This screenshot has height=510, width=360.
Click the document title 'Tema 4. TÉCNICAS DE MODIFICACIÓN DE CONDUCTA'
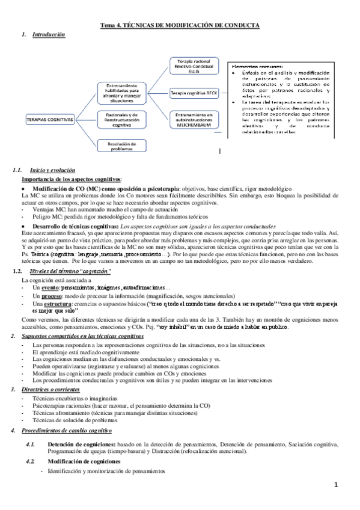pos(180,26)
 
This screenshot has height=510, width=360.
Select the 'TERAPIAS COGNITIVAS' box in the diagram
pos(49,120)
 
